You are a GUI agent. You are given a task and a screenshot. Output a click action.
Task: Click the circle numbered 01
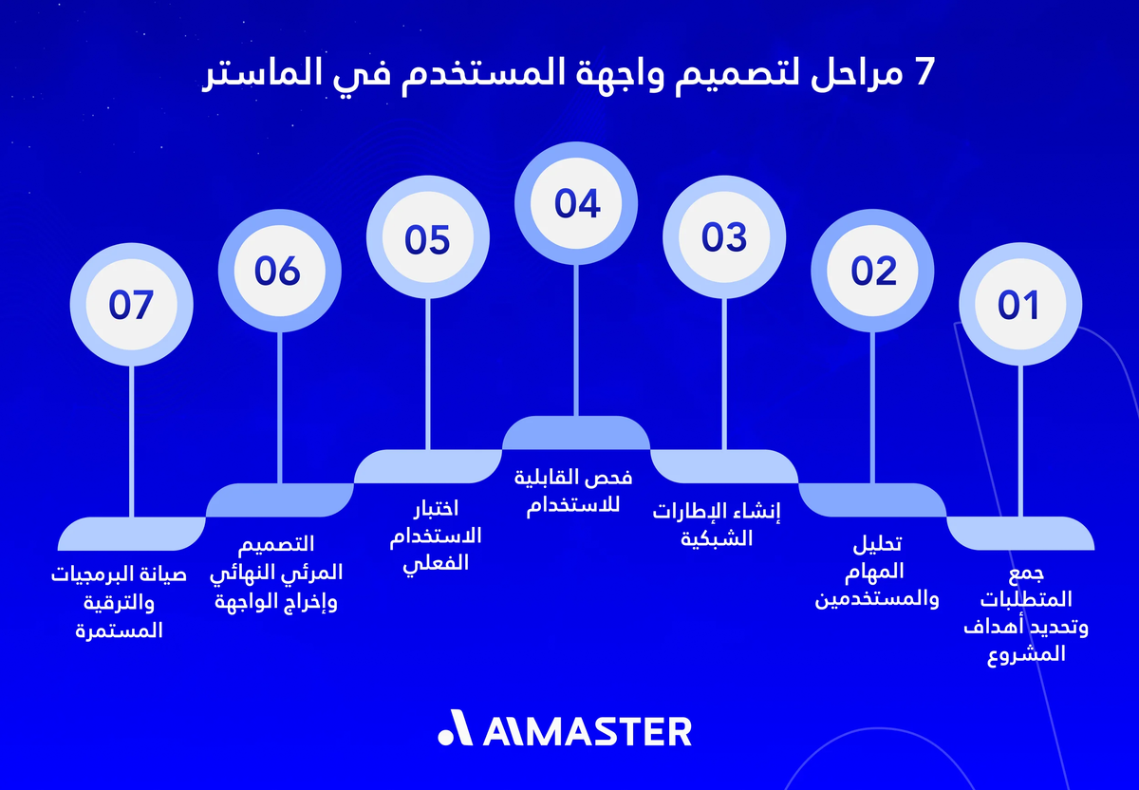pos(1019,305)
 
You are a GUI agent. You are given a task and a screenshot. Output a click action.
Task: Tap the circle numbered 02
pos(873,272)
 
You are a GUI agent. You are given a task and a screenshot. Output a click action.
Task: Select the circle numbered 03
pos(724,237)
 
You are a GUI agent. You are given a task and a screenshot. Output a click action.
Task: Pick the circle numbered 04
pos(576,204)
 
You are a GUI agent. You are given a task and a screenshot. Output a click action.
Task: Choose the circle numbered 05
pos(427,238)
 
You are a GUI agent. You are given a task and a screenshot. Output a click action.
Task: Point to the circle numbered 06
pos(278,272)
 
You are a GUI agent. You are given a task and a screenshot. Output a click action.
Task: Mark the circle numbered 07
pos(131,305)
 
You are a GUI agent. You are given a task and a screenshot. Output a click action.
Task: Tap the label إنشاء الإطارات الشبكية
pos(717,524)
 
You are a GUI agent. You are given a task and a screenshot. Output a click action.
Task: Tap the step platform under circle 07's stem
pos(131,534)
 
